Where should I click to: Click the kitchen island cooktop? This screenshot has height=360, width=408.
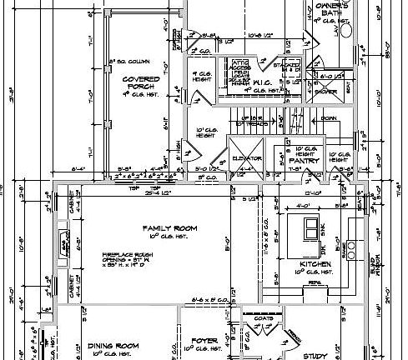(310, 228)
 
